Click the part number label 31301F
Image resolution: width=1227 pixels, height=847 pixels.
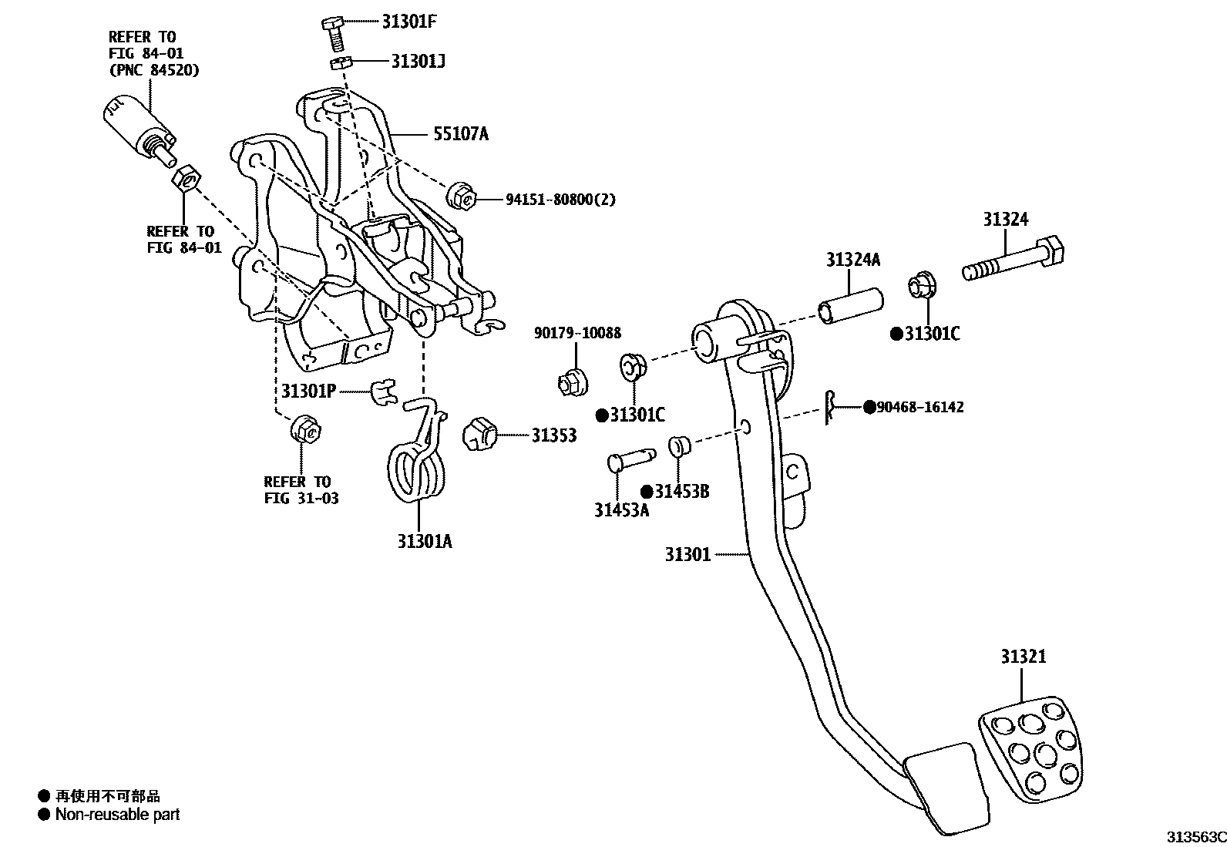tap(408, 22)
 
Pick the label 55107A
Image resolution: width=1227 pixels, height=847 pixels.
tap(460, 135)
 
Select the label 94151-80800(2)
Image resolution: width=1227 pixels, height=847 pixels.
tap(560, 200)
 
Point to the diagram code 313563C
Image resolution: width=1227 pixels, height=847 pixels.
tap(1195, 837)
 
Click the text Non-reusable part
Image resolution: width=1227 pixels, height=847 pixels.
tap(117, 815)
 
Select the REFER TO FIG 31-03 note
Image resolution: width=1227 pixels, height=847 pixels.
tap(301, 490)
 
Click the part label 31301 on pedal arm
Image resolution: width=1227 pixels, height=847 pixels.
tap(687, 554)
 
